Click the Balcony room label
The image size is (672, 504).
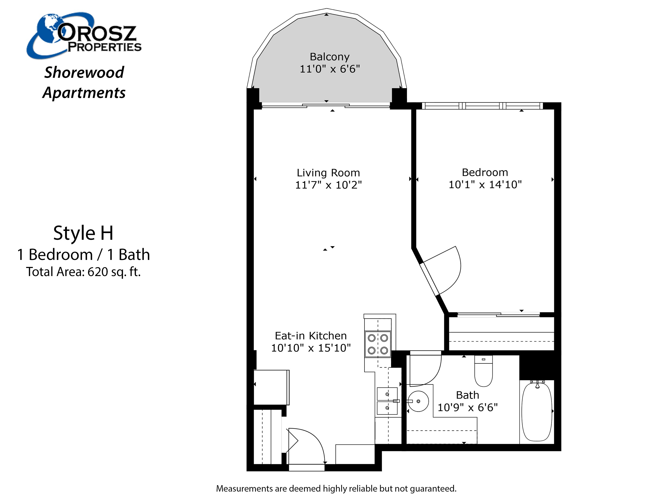330,57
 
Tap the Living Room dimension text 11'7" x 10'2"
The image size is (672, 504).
328,185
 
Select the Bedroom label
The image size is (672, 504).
485,172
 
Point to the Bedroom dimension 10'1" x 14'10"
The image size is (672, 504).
485,184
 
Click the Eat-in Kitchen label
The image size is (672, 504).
311,336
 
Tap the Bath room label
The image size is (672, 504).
467,395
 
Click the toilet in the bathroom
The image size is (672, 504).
483,371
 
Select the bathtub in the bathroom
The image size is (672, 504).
537,411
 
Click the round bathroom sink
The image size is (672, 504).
418,401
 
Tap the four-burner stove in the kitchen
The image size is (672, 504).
378,344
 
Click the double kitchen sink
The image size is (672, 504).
387,401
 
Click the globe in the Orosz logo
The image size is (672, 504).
49,29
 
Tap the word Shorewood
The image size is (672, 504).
84,72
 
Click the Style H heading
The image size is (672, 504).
83,233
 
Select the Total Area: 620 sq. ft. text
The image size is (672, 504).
83,271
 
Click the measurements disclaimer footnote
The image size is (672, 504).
336,488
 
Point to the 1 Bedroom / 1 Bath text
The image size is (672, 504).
84,254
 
